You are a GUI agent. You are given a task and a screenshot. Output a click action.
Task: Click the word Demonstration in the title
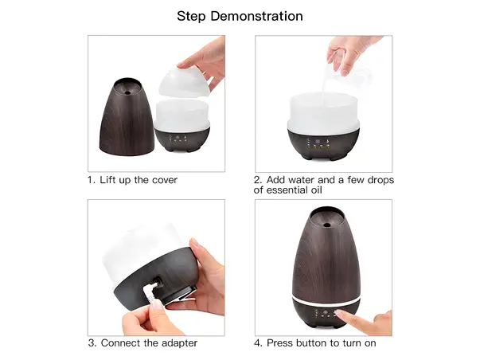coord(256,16)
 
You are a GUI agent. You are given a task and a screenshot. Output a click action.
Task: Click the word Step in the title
coord(192,17)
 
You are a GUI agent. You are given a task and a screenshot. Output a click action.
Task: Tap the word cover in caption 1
coord(165,180)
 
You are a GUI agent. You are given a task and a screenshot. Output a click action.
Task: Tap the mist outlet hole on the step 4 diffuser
coord(326,225)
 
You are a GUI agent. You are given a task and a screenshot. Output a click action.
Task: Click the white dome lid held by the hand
coord(183,81)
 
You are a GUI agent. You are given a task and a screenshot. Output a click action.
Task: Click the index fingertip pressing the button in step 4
coord(338,313)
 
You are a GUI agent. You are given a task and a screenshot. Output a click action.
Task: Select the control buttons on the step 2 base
coord(318,143)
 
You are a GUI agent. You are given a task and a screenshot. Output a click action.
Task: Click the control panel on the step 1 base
coord(178,139)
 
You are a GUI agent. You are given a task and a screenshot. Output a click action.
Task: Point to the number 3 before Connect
coord(92,342)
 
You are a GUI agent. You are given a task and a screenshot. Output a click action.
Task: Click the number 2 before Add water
coord(257,180)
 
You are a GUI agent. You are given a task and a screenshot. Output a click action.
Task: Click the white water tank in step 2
coord(323,113)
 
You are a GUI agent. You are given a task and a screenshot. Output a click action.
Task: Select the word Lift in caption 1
coord(106,180)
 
